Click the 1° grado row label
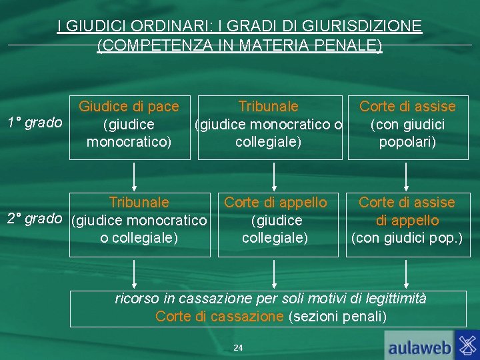(34, 123)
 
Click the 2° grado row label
(34, 219)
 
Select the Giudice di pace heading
(129, 107)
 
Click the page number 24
(239, 348)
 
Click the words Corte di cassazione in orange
(219, 317)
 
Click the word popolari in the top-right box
(407, 143)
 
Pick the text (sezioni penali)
(337, 317)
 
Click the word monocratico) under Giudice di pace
(129, 143)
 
